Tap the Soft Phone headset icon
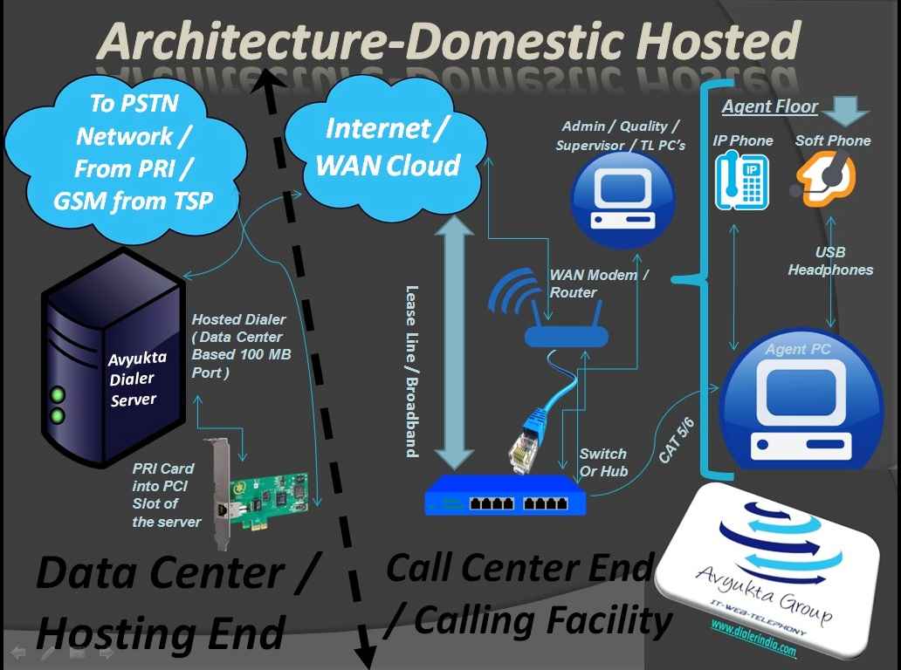point(824,179)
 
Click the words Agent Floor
point(769,107)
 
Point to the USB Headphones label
point(829,262)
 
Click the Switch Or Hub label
point(602,462)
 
